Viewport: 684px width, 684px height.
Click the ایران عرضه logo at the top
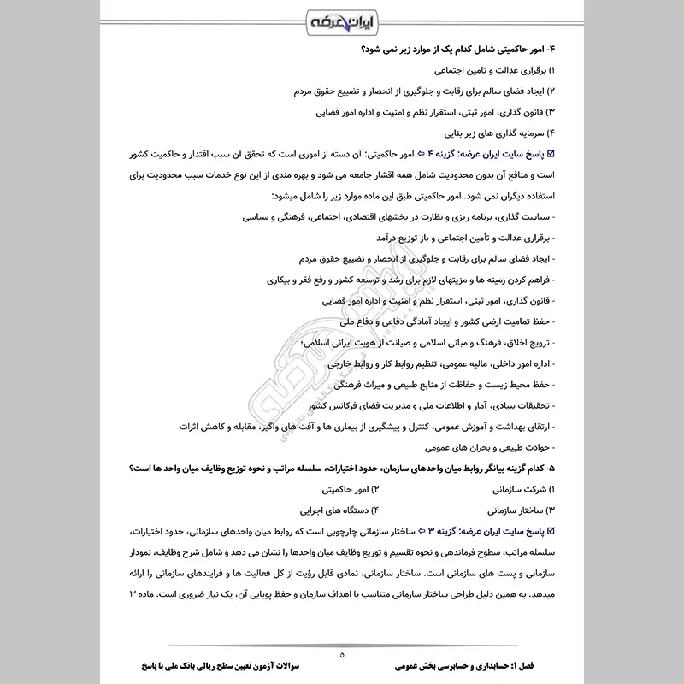(342, 20)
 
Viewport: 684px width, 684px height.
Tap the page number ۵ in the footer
(341, 655)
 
